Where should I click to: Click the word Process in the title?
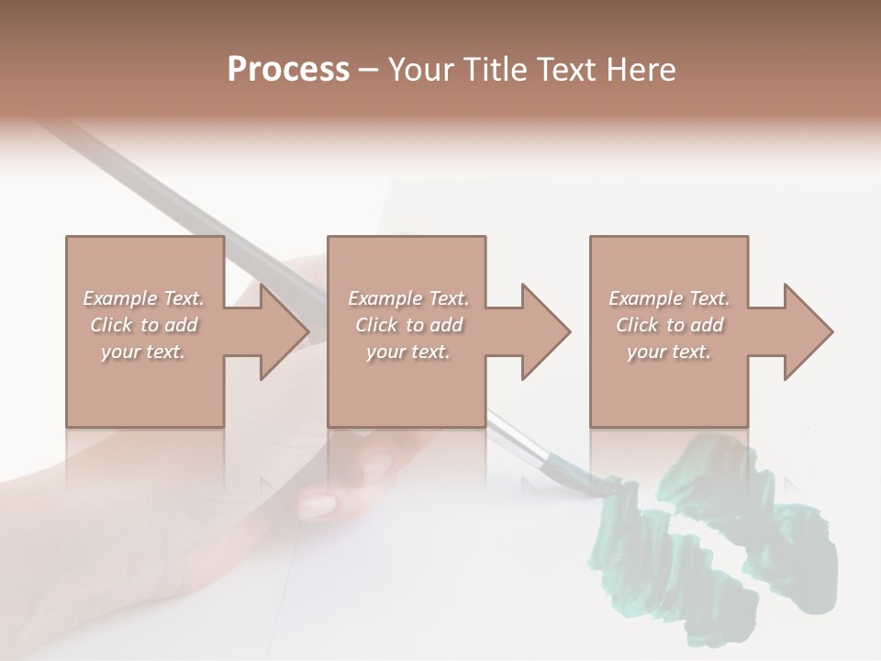click(x=288, y=70)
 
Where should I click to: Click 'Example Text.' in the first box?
click(x=144, y=298)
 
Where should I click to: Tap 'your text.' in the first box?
click(x=144, y=352)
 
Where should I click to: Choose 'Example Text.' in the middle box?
click(x=408, y=298)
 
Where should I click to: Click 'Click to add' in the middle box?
click(x=408, y=325)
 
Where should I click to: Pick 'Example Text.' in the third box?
click(x=669, y=298)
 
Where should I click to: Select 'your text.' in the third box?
click(x=669, y=352)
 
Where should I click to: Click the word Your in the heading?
click(x=418, y=70)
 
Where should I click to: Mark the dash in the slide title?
click(x=369, y=70)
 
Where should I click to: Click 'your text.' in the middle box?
click(x=408, y=352)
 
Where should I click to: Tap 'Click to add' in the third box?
click(x=669, y=325)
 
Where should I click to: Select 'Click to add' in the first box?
click(x=144, y=325)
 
